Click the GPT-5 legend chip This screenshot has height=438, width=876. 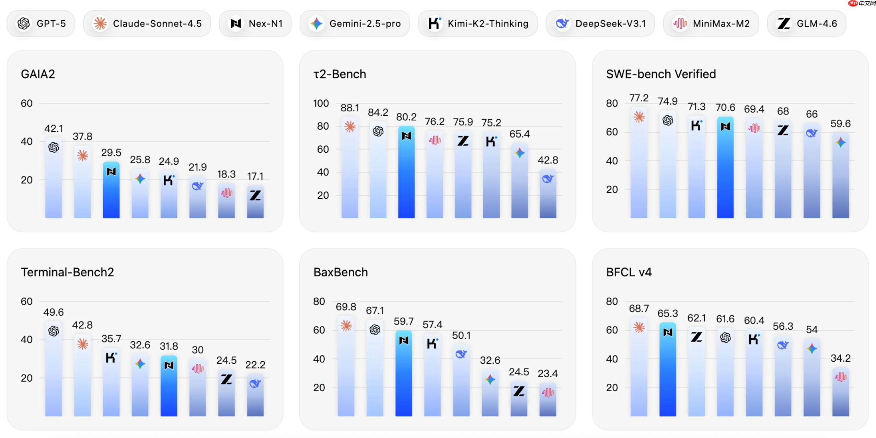click(41, 23)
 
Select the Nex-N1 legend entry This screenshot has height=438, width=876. click(255, 23)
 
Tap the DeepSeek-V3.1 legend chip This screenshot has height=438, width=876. click(600, 23)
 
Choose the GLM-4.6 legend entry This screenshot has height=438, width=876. click(806, 23)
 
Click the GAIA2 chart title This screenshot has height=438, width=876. click(38, 74)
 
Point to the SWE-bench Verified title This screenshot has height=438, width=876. click(661, 74)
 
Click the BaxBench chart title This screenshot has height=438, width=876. click(341, 272)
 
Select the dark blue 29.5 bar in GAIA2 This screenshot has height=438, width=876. click(111, 193)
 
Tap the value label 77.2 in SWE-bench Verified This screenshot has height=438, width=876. click(639, 98)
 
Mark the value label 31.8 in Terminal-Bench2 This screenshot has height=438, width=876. click(169, 346)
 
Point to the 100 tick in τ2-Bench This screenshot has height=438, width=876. click(321, 103)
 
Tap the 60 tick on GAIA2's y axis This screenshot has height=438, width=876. click(26, 103)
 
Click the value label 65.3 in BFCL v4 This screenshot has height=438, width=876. click(668, 313)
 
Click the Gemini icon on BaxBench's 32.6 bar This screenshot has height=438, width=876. click(490, 379)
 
